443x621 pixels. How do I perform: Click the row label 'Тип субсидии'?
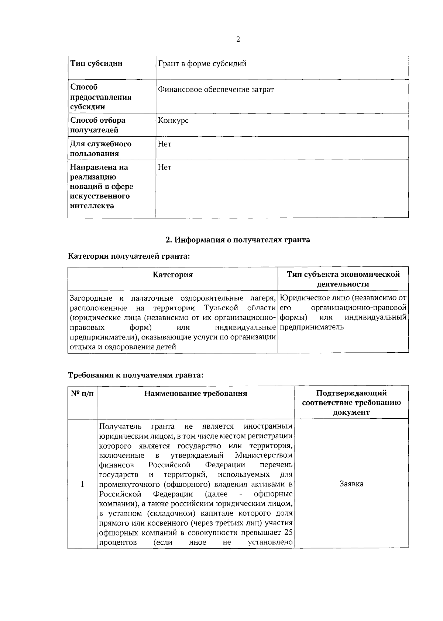coord(96,63)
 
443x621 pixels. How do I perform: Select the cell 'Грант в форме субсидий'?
coord(202,63)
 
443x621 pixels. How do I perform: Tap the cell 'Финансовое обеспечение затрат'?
coord(216,90)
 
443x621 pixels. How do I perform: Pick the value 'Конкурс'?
coord(173,121)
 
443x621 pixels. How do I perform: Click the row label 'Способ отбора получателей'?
coord(98,125)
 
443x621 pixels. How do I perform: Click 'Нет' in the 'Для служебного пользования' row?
coord(164,144)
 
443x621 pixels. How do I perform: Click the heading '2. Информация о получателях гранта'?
coord(238,240)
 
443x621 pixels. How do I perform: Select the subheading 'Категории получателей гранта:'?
coord(129,256)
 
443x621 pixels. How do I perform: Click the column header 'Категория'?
coord(173,275)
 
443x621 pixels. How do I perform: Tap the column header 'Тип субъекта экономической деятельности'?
coord(343,279)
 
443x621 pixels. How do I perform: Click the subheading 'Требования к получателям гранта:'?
coord(136,375)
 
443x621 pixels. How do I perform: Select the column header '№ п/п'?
coord(82,394)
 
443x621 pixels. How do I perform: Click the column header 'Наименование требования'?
coord(196,394)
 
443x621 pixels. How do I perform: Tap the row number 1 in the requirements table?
coord(82,484)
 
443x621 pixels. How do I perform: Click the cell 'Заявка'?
coord(351,484)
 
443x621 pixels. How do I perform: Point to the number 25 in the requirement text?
coord(288,533)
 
